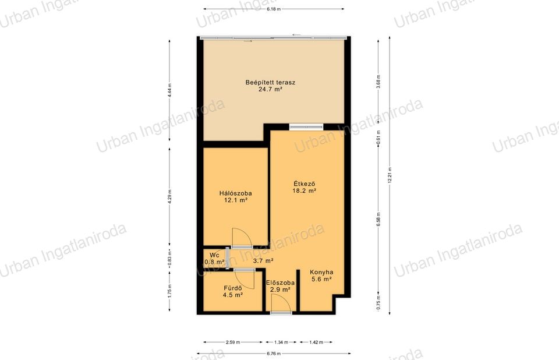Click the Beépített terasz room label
270,82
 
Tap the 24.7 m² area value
270,90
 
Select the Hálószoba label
235,193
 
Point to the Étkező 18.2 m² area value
305,191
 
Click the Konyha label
321,272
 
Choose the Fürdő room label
233,288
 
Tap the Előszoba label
280,283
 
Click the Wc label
214,255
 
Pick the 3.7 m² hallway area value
263,261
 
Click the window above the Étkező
306,126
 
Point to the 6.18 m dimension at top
274,9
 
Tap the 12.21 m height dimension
390,175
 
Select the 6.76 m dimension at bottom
274,354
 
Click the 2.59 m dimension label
233,342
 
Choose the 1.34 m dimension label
281,342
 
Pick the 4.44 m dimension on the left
169,91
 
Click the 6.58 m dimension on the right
378,220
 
